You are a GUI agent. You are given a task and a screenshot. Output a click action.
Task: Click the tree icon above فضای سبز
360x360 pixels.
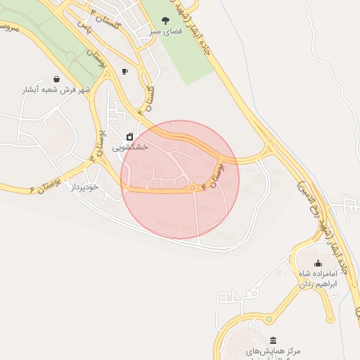click(165, 21)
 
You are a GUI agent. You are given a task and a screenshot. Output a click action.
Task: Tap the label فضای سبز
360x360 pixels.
click(165, 32)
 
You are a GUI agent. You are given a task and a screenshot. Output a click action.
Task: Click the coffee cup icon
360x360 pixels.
click(125, 71)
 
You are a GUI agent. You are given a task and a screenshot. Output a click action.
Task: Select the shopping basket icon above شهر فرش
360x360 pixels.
click(56, 79)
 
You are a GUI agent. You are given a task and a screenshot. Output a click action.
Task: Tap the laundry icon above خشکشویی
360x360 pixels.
click(129, 136)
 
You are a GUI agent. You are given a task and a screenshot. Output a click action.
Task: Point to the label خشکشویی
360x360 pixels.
click(130, 148)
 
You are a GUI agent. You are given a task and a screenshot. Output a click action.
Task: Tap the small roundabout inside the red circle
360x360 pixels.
click(193, 188)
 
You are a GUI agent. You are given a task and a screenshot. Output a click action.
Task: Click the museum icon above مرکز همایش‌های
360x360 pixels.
click(273, 340)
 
